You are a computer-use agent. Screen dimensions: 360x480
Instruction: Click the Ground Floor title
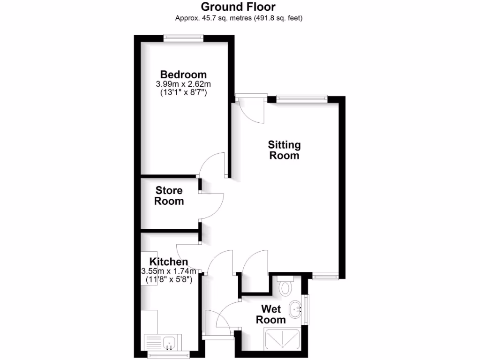pos(239,7)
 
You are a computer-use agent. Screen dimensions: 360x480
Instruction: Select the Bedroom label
pos(183,75)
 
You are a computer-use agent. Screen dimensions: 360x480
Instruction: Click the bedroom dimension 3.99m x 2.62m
pos(183,84)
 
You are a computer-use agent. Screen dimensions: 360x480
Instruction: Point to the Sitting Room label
pos(284,150)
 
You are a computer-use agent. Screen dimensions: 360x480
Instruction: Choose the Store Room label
pos(169,196)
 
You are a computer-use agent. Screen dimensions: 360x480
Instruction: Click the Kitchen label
pos(169,262)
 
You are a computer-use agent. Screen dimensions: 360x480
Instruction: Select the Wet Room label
pos(271,315)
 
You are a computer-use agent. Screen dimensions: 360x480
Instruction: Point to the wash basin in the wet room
pos(296,308)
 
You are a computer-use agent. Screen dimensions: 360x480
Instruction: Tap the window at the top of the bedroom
pos(183,38)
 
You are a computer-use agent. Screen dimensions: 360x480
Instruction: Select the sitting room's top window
pos(301,98)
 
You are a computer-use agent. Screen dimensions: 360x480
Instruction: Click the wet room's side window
pos(307,309)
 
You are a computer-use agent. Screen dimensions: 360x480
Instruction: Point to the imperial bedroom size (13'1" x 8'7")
pos(183,93)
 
